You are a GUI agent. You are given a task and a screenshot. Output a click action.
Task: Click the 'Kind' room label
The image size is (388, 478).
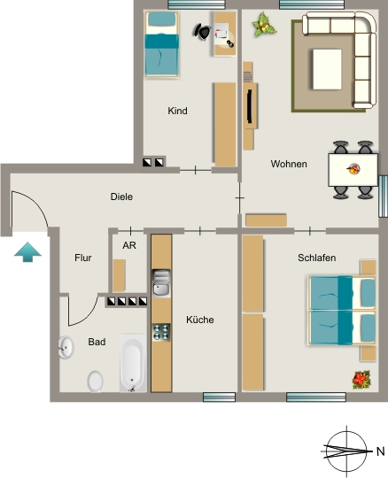tap(177, 111)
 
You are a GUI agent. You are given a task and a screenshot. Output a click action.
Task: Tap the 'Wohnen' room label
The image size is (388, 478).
tap(289, 164)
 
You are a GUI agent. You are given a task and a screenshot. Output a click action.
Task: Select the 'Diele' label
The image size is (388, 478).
tap(121, 197)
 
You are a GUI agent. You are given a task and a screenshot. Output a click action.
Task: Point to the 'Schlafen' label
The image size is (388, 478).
tap(316, 258)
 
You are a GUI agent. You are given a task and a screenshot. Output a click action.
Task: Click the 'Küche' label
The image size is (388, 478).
tap(200, 320)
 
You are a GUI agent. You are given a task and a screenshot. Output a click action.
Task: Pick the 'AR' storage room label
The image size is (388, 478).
tap(129, 245)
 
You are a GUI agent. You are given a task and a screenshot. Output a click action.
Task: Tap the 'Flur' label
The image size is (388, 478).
tap(83, 258)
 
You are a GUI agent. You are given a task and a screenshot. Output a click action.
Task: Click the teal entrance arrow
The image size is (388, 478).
tap(27, 252)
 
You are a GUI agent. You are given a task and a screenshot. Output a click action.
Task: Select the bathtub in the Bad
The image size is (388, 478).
tap(133, 363)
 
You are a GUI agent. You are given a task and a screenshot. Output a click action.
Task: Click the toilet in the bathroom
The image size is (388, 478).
tap(96, 382)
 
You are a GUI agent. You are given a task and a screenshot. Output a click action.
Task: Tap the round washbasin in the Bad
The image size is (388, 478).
tap(66, 347)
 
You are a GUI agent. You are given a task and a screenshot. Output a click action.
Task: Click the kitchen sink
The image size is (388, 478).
tap(161, 282)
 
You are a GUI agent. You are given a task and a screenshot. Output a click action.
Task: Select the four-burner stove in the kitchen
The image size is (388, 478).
tap(161, 332)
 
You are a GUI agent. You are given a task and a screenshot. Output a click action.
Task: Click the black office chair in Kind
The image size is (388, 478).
tap(202, 32)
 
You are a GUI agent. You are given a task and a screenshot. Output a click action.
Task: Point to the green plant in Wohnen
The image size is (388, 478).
tap(264, 25)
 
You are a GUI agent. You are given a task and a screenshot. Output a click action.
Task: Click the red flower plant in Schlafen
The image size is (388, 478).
tap(361, 380)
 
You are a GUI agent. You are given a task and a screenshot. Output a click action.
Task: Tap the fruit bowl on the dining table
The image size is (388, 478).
tap(353, 168)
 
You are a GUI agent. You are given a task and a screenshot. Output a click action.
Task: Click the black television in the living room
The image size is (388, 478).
tap(250, 106)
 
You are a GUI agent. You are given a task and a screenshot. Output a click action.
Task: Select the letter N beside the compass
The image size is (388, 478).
tap(380, 451)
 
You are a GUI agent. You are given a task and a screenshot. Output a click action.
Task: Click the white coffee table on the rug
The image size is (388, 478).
tap(327, 69)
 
